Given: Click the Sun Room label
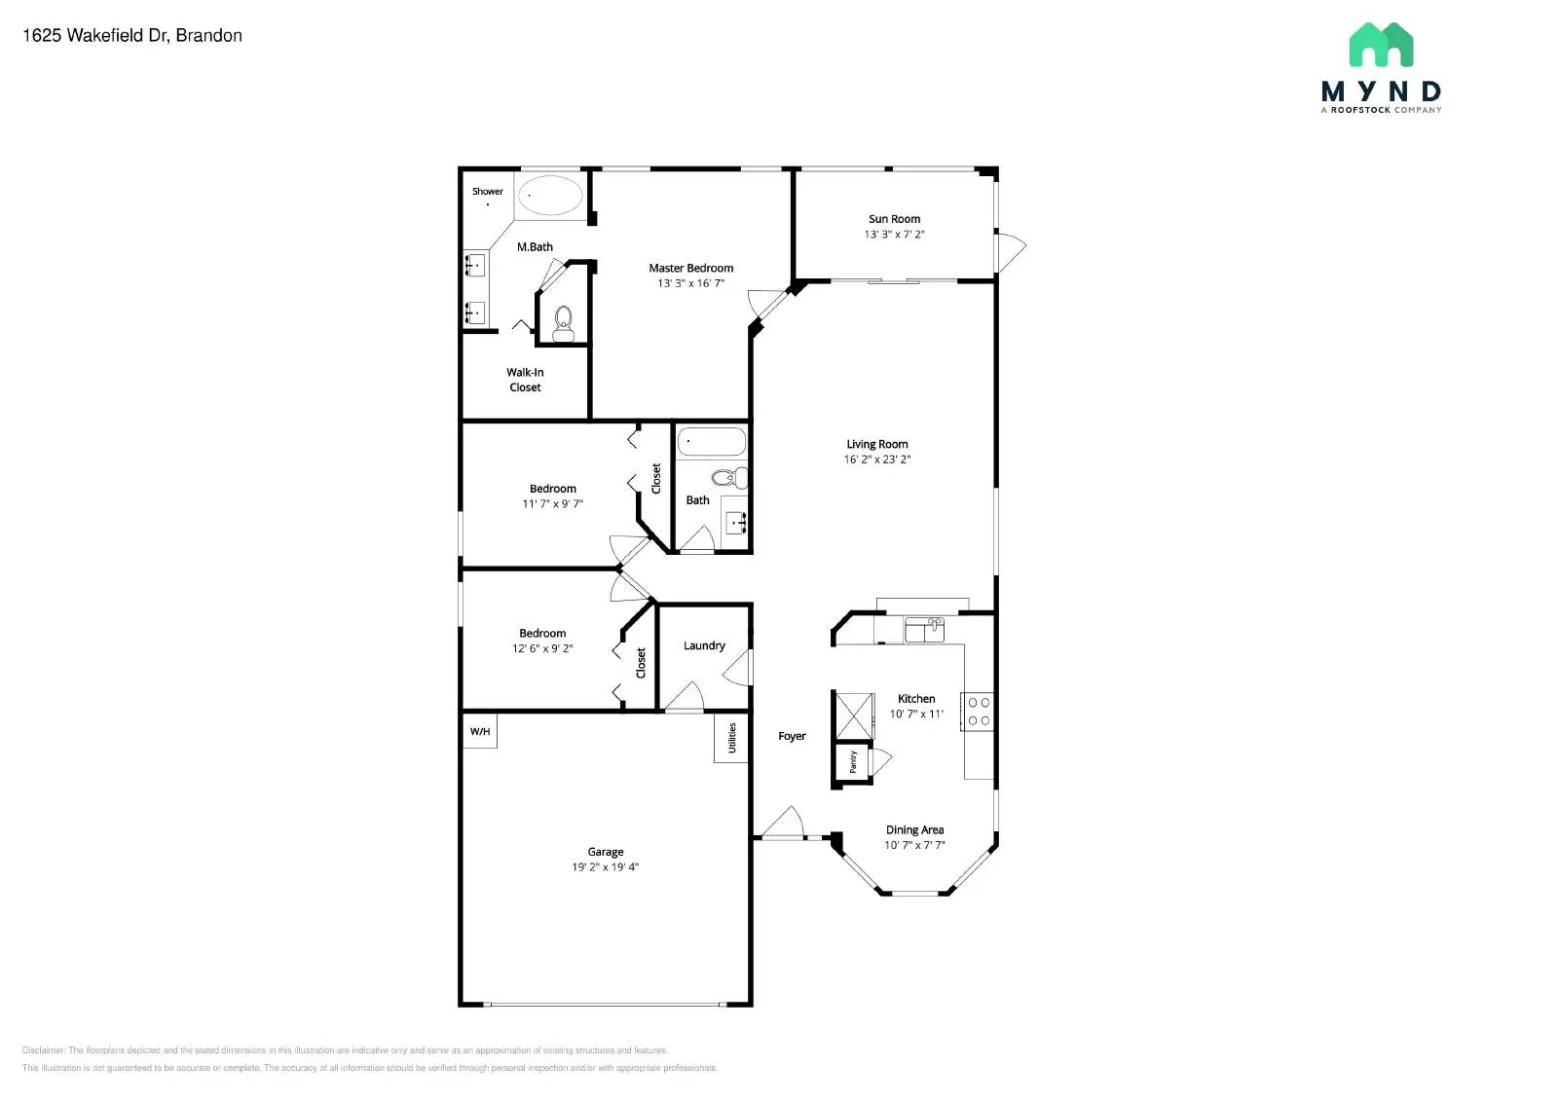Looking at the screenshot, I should [x=894, y=219].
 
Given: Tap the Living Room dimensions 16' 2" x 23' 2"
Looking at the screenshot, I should [x=876, y=459].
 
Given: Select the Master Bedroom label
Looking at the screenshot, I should [x=690, y=268].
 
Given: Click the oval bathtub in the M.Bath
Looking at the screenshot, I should [x=549, y=195].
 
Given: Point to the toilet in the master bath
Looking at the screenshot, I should [x=563, y=322].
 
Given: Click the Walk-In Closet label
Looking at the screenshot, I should [x=525, y=380].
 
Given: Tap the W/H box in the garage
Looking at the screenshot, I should [x=479, y=731].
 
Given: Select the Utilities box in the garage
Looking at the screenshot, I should [x=731, y=738].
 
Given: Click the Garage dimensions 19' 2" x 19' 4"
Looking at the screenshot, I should [x=605, y=867].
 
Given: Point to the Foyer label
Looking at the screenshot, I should [x=792, y=736].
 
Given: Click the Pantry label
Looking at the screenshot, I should [x=853, y=761].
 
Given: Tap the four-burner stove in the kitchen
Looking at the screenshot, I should [x=978, y=711].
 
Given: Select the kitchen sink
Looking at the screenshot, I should [x=923, y=629].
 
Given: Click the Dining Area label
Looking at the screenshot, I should [x=914, y=830].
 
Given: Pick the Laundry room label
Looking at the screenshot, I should [x=704, y=645].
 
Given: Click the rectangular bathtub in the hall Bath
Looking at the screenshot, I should [x=711, y=441].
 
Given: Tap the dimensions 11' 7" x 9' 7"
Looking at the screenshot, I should [x=552, y=504].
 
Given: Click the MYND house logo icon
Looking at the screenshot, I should [x=1381, y=45].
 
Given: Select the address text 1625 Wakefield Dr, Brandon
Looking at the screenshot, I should [x=132, y=35].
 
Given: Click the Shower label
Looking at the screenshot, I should [x=487, y=191].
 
